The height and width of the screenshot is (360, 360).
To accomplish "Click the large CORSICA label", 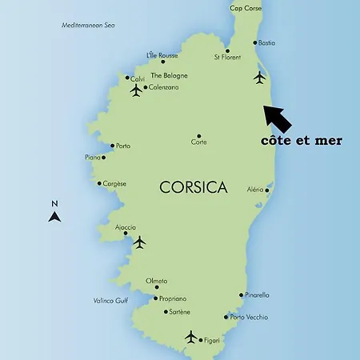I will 193,188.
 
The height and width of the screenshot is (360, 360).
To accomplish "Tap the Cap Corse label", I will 246,8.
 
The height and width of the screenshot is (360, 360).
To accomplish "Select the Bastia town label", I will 267,42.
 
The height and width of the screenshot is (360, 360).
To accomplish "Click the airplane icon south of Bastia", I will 258,78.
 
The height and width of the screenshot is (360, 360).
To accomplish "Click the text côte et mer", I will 302,141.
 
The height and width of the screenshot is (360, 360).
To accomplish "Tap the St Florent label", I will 227,58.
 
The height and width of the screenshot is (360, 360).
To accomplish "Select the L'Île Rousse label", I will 162,55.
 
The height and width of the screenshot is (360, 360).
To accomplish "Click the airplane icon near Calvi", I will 136,90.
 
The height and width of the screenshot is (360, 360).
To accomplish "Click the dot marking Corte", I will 199,136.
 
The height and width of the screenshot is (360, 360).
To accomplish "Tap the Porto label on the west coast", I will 123,146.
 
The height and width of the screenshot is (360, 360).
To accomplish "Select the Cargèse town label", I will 114,183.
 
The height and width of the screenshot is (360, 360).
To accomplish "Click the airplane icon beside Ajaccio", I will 140,242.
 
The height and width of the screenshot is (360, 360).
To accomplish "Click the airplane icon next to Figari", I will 190,336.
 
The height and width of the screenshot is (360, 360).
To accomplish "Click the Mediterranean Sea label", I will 89,26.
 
